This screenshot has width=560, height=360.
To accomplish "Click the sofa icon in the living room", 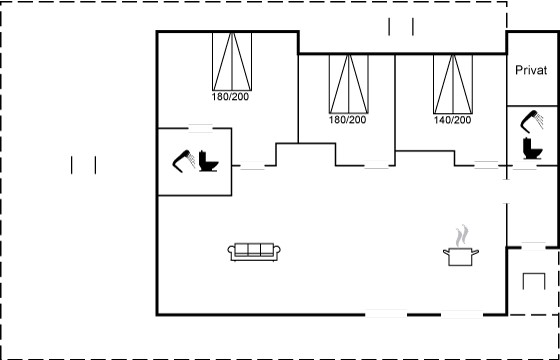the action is (x=254, y=251).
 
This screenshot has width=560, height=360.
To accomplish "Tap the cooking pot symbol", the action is (x=461, y=256).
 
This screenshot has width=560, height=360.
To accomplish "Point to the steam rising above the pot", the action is (x=461, y=235).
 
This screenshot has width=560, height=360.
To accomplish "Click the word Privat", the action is (x=531, y=70).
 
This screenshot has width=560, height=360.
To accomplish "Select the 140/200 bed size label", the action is (x=452, y=120).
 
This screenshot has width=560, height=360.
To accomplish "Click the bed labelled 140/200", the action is (x=453, y=84).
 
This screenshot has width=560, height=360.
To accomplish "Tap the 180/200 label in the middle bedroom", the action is (x=348, y=120).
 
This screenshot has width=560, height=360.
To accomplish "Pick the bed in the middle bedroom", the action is (x=349, y=84).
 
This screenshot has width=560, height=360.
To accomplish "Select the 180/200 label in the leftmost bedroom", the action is (x=230, y=97).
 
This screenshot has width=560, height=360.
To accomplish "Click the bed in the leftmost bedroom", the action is (x=232, y=61).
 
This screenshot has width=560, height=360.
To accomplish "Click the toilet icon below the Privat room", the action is (x=532, y=148).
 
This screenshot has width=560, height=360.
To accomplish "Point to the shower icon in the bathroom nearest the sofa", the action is (x=184, y=161).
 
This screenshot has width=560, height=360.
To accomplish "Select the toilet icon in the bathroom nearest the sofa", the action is (x=208, y=161).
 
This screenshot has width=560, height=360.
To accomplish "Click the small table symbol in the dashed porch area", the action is (x=534, y=281).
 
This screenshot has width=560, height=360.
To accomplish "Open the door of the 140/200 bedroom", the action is (x=486, y=165).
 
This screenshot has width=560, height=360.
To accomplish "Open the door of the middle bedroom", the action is (x=376, y=165).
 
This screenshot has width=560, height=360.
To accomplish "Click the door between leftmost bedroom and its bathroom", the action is (x=200, y=128).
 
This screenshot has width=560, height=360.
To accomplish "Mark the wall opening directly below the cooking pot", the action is (x=462, y=314).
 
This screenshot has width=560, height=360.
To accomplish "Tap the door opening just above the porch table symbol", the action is (x=533, y=246).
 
